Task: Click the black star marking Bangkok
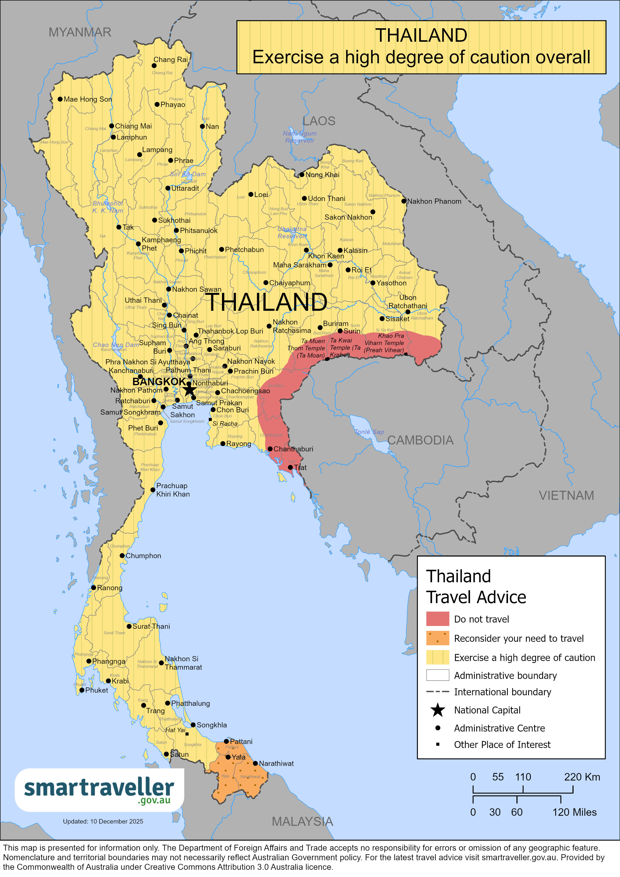pyautogui.click(x=189, y=389)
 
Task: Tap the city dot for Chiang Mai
pyautogui.click(x=111, y=126)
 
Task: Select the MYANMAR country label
pyautogui.click(x=80, y=32)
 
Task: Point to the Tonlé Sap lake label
pyautogui.click(x=369, y=432)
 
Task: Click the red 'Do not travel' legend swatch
pyautogui.click(x=437, y=619)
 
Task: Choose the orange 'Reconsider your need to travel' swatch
pyautogui.click(x=437, y=638)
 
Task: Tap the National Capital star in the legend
pyautogui.click(x=437, y=710)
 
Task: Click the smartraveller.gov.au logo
pyautogui.click(x=99, y=789)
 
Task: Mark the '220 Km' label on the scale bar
pyautogui.click(x=582, y=777)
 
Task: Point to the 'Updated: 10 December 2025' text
pyautogui.click(x=103, y=821)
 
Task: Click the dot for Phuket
pyautogui.click(x=82, y=690)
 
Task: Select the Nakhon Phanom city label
pyautogui.click(x=434, y=201)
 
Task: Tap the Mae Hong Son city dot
pyautogui.click(x=60, y=99)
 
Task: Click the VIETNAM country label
pyautogui.click(x=566, y=495)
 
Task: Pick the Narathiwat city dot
pyautogui.click(x=255, y=763)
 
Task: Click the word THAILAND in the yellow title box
pyautogui.click(x=421, y=35)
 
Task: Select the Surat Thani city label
pyautogui.click(x=151, y=626)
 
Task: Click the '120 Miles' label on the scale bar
pyautogui.click(x=574, y=812)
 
